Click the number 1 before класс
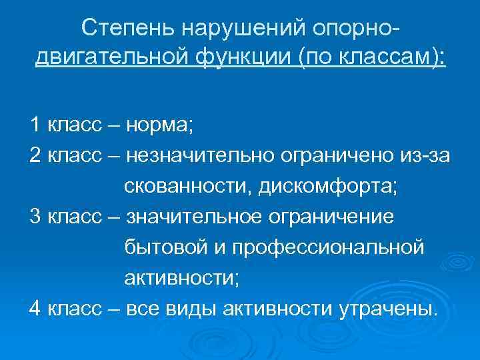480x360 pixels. [x=34, y=124]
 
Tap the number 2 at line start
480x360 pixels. [x=35, y=155]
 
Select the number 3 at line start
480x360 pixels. [x=35, y=217]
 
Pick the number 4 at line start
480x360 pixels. [x=35, y=309]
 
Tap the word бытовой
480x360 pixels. [x=163, y=247]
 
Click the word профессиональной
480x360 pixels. [x=327, y=247]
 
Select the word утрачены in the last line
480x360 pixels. [x=389, y=309]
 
